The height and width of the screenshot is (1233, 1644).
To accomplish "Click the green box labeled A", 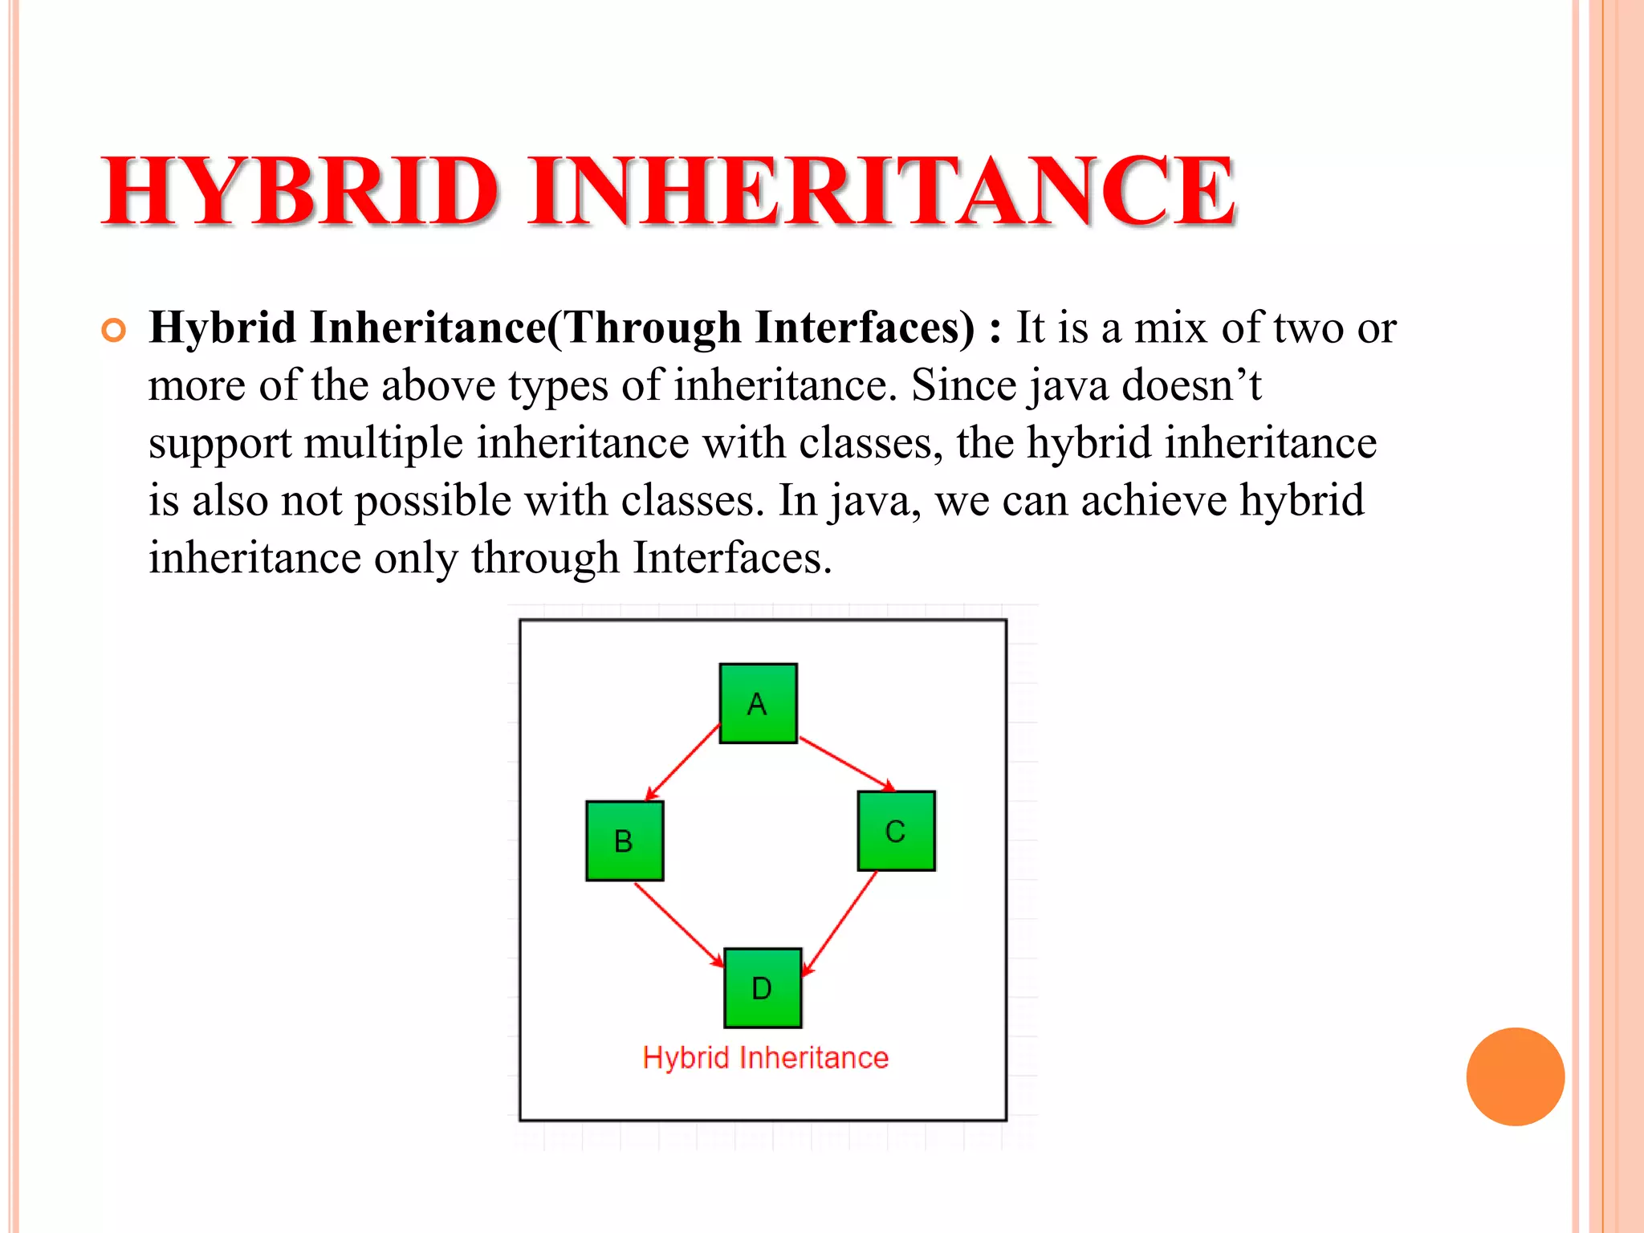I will (x=758, y=703).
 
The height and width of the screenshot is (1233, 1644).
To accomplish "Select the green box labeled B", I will (x=625, y=840).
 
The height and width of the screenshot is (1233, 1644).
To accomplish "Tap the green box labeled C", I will (x=896, y=831).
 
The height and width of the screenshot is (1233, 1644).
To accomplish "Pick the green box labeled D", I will (x=763, y=987).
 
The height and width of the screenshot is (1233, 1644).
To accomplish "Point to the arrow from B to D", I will (x=678, y=924).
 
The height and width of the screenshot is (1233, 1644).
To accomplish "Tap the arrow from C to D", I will (x=840, y=923).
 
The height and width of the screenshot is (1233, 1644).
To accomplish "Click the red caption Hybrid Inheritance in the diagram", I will (x=766, y=1058).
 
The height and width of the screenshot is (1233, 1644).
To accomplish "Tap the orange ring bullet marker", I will (x=114, y=331).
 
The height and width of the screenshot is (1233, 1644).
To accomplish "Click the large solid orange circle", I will (x=1515, y=1076).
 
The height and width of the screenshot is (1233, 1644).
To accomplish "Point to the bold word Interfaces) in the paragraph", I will (x=865, y=328).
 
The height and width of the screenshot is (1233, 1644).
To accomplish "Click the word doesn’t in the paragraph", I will (x=1191, y=385).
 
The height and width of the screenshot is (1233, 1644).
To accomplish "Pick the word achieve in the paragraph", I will (x=1154, y=501).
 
